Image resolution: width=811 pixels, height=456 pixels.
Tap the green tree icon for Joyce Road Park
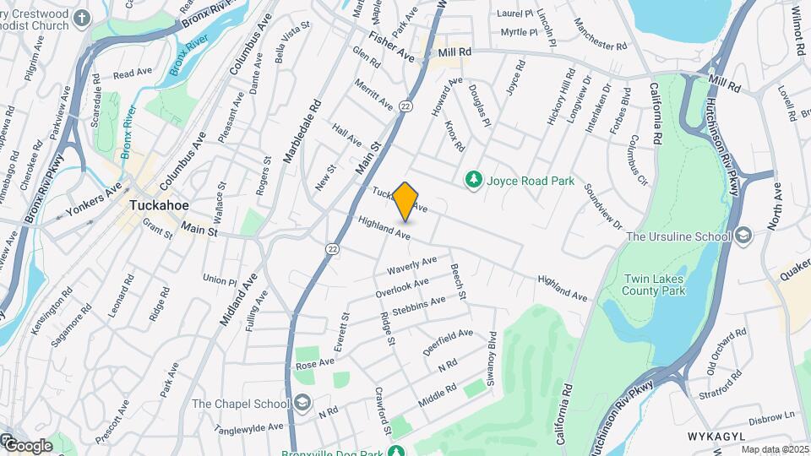pos(474,180)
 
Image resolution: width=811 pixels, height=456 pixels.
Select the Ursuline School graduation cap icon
pos(743,235)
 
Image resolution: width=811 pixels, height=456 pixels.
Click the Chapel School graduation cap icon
pos(302,403)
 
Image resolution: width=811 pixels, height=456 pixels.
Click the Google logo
pos(27,445)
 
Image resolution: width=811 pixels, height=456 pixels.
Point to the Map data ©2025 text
pos(776,449)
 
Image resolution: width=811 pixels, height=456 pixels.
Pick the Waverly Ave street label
pos(411,265)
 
